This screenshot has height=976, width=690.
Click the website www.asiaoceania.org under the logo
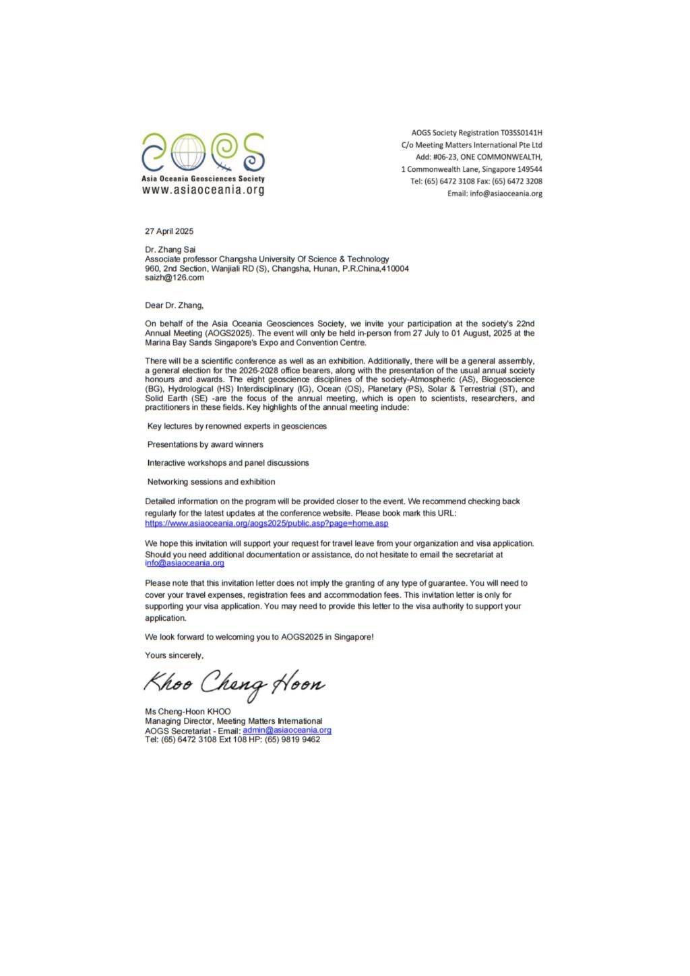click(203, 191)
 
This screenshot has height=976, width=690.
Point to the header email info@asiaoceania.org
click(505, 193)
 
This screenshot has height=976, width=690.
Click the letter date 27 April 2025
click(169, 231)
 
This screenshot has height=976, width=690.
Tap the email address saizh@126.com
click(175, 277)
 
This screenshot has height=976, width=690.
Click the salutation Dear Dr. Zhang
click(174, 305)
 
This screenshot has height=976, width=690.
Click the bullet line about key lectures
click(237, 426)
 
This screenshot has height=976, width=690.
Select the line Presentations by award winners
click(206, 444)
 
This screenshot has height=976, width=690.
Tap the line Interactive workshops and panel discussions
click(228, 463)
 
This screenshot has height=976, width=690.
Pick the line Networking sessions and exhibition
click(211, 482)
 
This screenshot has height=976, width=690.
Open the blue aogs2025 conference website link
click(267, 523)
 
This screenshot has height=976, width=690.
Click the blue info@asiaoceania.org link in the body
click(185, 563)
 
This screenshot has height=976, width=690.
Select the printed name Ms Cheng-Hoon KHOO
click(188, 712)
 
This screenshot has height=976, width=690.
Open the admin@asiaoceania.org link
click(287, 730)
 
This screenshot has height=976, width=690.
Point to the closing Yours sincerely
click(174, 655)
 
